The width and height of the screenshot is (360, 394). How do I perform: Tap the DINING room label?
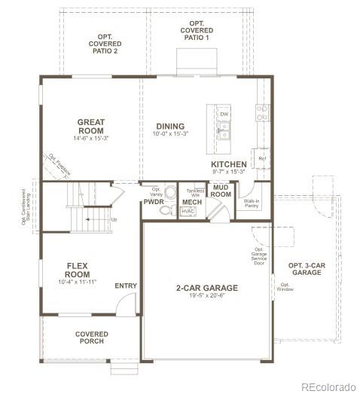171,126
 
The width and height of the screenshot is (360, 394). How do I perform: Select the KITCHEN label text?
228,163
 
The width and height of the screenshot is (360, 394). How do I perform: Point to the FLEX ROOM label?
78,270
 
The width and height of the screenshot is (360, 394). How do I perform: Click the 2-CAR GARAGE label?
206,288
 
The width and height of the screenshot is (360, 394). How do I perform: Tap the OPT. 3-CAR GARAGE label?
306,269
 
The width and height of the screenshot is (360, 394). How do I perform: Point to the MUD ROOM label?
221,191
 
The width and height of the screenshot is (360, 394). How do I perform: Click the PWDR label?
154,202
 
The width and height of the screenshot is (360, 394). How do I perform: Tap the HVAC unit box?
188,212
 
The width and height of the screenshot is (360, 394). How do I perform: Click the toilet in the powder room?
169,192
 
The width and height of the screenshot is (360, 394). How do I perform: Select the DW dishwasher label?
224,115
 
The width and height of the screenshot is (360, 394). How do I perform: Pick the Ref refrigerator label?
261,159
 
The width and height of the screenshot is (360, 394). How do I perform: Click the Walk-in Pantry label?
252,203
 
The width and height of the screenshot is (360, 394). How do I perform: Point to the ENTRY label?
126,286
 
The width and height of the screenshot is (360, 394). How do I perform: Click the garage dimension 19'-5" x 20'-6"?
206,296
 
